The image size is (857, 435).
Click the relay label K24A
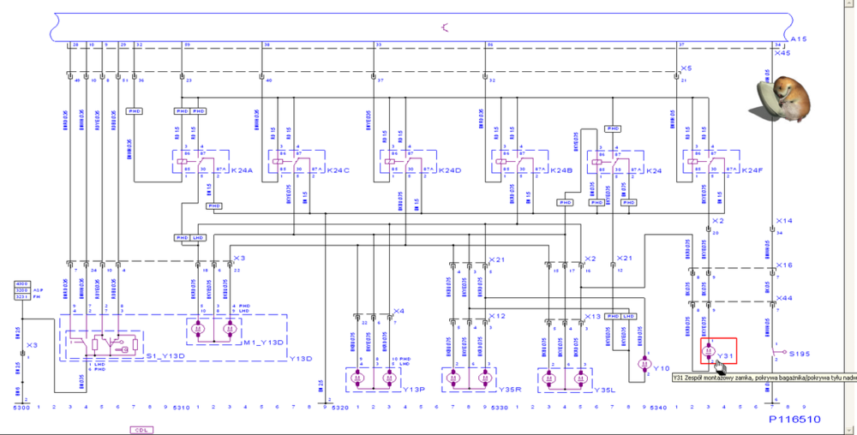[243, 170]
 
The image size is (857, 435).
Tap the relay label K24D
[449, 170]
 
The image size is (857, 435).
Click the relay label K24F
[752, 170]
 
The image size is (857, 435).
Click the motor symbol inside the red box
[708, 350]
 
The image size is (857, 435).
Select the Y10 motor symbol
[644, 362]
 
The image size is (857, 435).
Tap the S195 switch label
[800, 353]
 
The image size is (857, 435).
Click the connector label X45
[782, 53]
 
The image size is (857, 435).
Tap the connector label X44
[783, 297]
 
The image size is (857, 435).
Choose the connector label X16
[783, 265]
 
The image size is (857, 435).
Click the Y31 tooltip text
[763, 377]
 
